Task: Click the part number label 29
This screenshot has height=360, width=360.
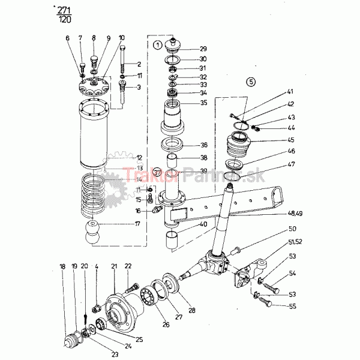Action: [x=203, y=49]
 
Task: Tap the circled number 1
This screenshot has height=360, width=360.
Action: [x=157, y=44]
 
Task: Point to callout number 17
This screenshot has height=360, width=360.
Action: [x=138, y=225]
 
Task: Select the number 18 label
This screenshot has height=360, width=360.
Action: [x=62, y=266]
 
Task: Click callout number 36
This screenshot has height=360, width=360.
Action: [x=203, y=145]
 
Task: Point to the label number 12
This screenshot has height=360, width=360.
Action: [x=139, y=158]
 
